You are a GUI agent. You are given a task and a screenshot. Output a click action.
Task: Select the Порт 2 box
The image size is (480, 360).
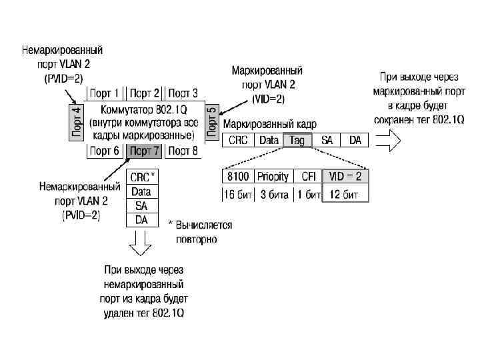click(145, 93)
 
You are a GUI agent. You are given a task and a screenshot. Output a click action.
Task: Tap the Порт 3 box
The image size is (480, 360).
click(184, 93)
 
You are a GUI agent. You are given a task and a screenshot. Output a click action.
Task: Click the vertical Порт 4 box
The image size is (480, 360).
click(77, 121)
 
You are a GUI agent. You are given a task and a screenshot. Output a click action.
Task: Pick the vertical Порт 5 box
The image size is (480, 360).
click(212, 121)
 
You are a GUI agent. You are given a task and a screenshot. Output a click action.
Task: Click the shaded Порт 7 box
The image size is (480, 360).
click(145, 151)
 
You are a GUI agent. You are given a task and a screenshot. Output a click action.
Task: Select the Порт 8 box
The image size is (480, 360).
click(184, 151)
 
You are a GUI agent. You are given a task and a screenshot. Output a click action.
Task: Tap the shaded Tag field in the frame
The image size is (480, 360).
click(297, 141)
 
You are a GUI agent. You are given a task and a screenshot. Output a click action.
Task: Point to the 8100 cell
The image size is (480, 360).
click(237, 177)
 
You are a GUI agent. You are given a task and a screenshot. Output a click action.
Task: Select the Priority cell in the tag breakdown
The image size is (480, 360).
click(273, 177)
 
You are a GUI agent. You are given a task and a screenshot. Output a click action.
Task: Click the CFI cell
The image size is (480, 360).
click(308, 177)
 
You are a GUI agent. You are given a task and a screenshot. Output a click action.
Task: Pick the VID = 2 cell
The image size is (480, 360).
click(345, 177)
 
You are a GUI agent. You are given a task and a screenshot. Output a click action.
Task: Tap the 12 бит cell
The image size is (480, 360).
click(345, 195)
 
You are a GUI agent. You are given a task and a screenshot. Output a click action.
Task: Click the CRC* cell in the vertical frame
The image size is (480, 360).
click(143, 177)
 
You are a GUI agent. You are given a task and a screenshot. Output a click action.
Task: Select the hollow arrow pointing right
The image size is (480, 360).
click(388, 141)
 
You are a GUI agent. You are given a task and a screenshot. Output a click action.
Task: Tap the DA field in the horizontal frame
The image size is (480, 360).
click(355, 141)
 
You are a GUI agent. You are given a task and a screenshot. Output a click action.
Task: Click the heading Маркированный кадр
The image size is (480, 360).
click(270, 124)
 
